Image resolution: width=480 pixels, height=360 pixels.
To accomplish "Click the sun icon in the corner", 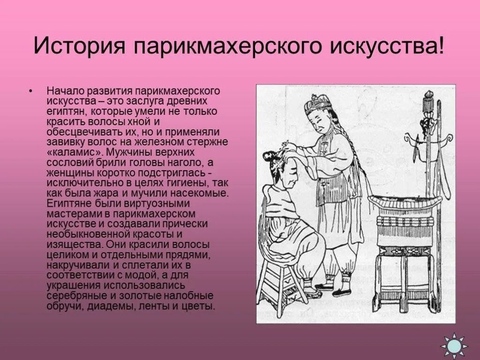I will click(x=454, y=346).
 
